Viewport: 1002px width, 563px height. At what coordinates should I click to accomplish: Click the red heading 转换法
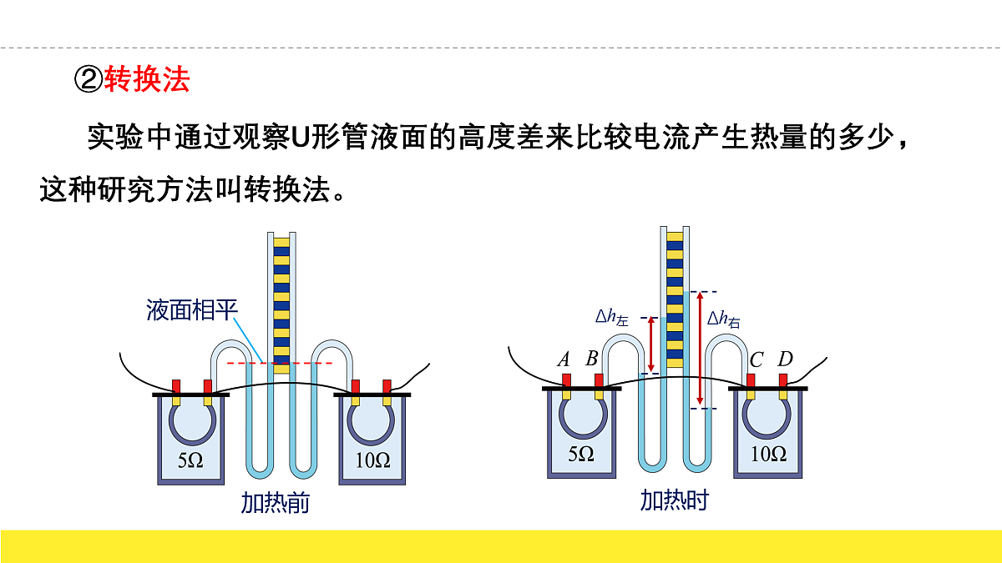click(147, 79)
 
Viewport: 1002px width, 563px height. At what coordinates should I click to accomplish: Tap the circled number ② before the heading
click(89, 79)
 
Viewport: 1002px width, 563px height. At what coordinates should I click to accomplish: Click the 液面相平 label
click(192, 309)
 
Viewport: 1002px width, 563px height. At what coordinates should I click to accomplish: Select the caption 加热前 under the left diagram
click(275, 503)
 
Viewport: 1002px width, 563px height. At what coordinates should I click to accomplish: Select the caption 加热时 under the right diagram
click(675, 500)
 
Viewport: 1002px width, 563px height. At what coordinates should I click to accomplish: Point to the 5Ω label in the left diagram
click(190, 460)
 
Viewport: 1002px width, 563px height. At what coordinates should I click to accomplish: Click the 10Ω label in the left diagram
click(372, 460)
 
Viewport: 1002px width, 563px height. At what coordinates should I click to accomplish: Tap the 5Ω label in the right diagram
click(581, 454)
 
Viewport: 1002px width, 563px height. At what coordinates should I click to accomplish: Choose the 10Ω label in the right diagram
click(768, 454)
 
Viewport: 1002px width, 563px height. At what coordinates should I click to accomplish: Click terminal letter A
click(564, 359)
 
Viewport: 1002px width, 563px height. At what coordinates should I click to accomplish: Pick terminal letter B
click(592, 358)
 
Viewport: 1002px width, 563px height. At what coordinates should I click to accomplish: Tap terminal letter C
click(756, 359)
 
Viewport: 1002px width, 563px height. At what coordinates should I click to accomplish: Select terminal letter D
click(785, 359)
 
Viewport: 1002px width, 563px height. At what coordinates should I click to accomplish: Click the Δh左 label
click(612, 317)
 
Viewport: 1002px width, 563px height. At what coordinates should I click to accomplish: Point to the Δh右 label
click(724, 319)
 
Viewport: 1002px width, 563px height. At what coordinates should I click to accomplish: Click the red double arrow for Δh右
click(700, 348)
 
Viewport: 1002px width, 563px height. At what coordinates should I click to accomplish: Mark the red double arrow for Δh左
click(651, 344)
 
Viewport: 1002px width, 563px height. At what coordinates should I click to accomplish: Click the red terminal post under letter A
click(566, 380)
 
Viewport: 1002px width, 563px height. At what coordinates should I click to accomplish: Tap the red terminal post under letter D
click(783, 380)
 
